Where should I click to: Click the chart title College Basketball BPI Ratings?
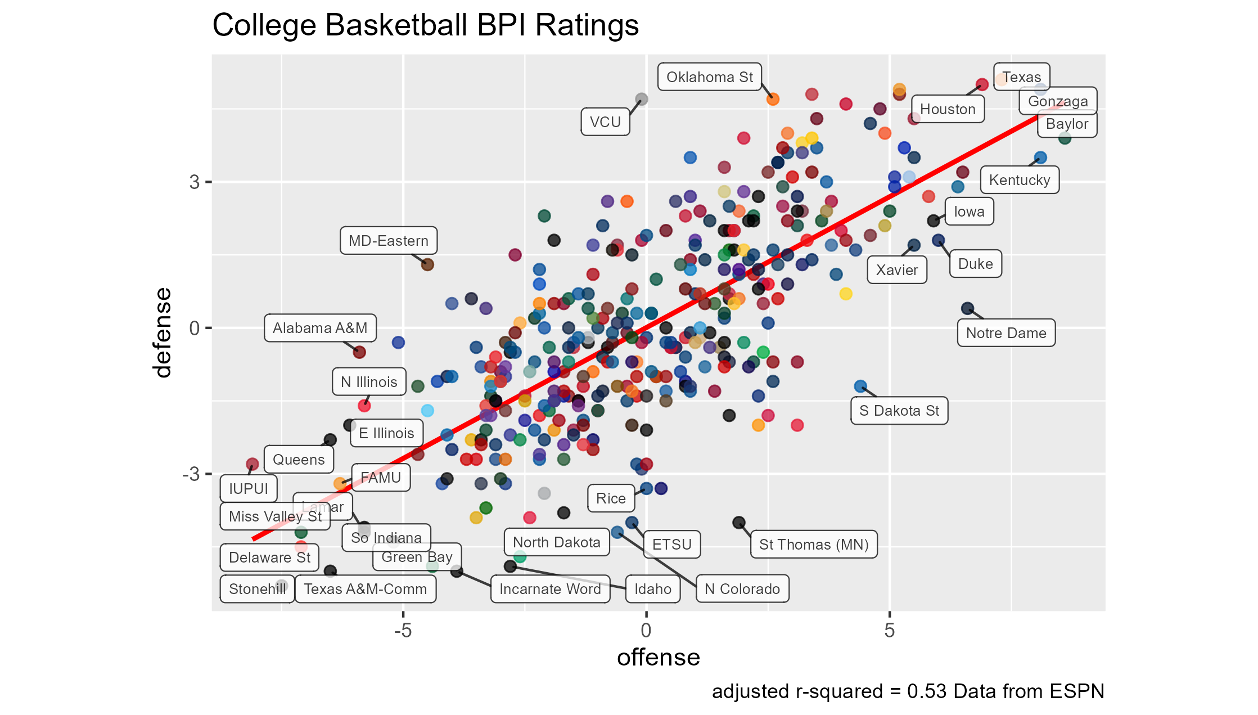coord(425,26)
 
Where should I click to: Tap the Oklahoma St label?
coord(709,77)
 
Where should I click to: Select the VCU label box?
coord(605,122)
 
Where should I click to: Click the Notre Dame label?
coord(1006,333)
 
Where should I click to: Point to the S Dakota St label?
coord(899,411)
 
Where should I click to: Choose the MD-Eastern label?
coord(388,241)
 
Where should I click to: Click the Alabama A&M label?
coord(319,328)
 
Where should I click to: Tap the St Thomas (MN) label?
coord(813,545)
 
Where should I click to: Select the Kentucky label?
coord(1019,180)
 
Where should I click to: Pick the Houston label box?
coord(948,109)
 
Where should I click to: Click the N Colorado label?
coord(742,589)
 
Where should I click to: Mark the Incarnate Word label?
coord(549,589)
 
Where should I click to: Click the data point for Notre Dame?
coord(967,308)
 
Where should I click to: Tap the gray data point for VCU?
coord(641,99)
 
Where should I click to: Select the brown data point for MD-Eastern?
coord(427,264)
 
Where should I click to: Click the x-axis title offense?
coord(658,657)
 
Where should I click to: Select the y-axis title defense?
coord(163,332)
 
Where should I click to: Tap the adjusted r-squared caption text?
coord(908,691)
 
